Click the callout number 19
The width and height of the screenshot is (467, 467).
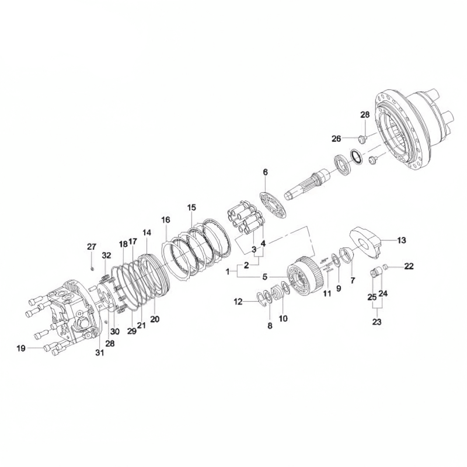tap(21, 348)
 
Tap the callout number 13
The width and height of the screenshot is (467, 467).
tap(402, 240)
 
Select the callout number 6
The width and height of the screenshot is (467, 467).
tap(265, 172)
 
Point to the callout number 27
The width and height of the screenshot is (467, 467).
tap(92, 246)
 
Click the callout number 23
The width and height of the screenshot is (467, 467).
tap(377, 322)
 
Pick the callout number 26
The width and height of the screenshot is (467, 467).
tap(336, 138)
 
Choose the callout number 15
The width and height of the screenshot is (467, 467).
tap(192, 207)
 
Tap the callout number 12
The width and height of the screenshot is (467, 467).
tap(238, 302)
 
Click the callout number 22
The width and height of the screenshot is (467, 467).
tap(409, 266)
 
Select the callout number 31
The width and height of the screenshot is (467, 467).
tap(100, 353)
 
